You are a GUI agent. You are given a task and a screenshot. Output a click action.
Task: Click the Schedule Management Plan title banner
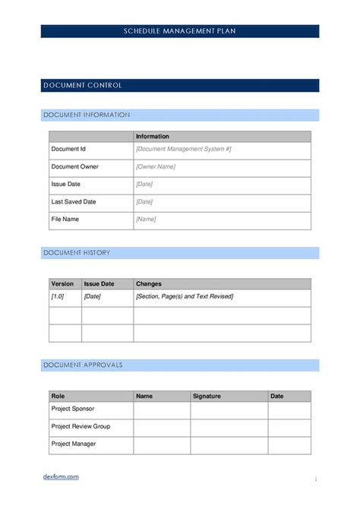[x=180, y=31]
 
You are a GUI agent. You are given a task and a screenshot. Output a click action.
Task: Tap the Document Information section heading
[x=87, y=115]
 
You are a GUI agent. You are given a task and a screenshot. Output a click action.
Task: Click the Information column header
[x=153, y=137]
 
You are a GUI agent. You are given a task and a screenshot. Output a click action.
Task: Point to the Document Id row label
[x=68, y=150]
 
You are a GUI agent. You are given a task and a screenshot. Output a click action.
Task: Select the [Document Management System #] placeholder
[x=183, y=150]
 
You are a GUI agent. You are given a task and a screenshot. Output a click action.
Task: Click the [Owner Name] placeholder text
[x=156, y=167]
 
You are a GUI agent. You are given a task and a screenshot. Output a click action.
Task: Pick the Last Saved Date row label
[x=74, y=202]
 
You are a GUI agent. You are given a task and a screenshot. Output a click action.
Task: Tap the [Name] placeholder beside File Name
[x=146, y=220]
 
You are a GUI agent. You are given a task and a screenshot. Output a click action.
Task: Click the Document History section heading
[x=77, y=253]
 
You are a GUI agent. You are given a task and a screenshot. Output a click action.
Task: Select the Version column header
[x=62, y=283]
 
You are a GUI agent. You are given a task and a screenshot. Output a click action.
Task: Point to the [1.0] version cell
[x=58, y=296]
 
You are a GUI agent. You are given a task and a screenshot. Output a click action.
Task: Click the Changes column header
[x=149, y=283]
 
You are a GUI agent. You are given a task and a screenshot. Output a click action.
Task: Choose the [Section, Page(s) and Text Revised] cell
[x=185, y=296]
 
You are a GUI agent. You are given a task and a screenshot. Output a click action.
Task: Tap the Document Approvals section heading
[x=83, y=365]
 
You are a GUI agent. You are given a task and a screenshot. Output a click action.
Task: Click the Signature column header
[x=207, y=396]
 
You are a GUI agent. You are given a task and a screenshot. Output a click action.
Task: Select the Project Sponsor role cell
[x=73, y=409]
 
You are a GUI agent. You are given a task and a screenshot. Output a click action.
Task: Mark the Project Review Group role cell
[x=81, y=426]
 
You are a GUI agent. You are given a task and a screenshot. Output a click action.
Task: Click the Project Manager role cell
[x=74, y=444]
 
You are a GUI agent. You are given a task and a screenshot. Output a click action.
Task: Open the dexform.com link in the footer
[x=61, y=477]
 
